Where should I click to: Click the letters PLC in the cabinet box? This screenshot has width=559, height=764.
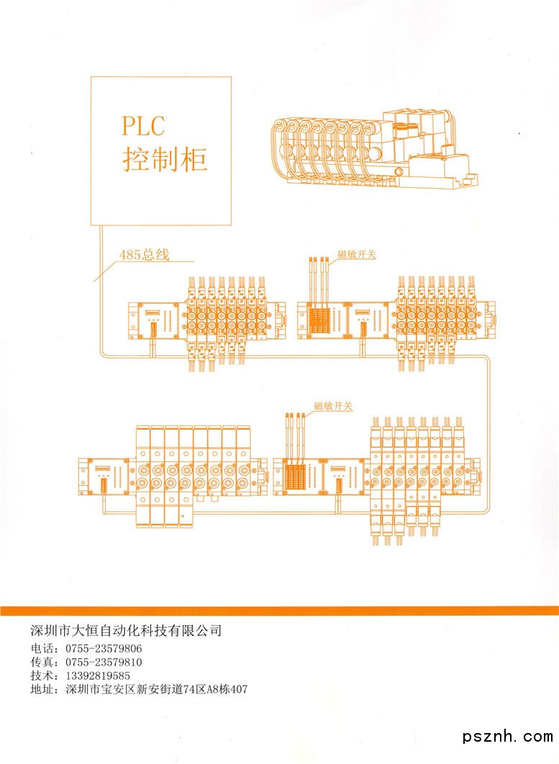tap(143, 126)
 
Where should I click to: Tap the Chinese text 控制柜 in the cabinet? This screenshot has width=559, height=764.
tap(165, 159)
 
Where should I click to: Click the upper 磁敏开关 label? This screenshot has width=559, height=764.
tap(357, 254)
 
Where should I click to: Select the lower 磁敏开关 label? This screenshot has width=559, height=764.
tap(333, 407)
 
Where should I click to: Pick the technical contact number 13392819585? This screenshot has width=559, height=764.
tap(98, 675)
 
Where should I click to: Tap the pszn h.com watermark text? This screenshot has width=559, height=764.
tap(508, 736)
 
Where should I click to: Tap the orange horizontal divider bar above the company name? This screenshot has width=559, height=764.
tap(279, 611)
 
